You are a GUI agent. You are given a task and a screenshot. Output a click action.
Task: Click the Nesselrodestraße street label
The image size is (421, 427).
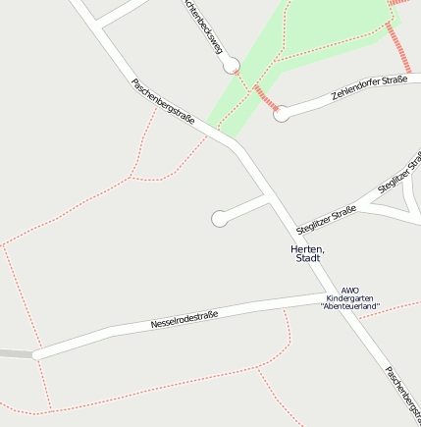pos(184,319)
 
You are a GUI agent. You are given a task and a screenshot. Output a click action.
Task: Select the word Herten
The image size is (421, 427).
pos(307,249)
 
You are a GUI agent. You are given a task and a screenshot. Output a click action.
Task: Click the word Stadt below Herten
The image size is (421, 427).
pos(308,259)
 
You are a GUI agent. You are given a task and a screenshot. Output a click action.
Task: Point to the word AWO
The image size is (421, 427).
pos(350,291)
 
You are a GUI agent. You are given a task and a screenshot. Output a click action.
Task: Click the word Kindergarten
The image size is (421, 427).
pos(350,298)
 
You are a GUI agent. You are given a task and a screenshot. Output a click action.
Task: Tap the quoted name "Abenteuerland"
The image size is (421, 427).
pos(350,307)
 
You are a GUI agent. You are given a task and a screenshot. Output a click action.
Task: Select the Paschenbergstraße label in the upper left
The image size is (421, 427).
pos(162,102)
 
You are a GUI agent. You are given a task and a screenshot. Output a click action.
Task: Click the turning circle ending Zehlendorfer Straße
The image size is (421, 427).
pos(282,114)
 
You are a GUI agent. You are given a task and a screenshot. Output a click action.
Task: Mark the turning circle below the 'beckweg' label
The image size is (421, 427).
pos(232,66)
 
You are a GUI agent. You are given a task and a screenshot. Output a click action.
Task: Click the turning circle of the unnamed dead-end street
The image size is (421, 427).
pos(220,219)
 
